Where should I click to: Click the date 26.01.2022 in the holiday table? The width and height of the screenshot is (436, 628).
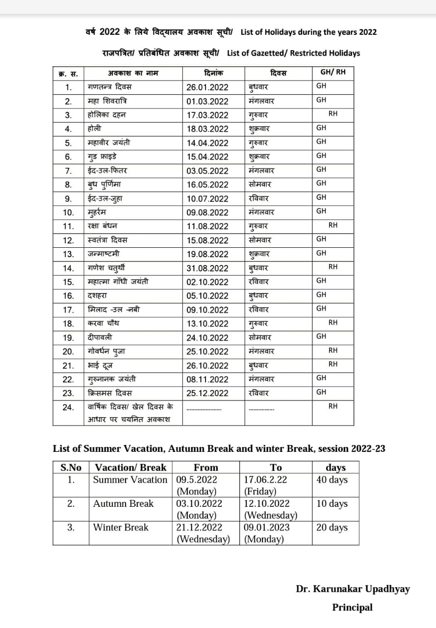207,87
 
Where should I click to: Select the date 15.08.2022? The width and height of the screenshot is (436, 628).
207,240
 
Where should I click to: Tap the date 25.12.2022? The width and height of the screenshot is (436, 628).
207,393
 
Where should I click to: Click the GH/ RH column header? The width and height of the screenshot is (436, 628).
333,72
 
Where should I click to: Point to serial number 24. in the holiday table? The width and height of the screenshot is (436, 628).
69,407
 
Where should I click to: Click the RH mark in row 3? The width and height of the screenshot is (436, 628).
333,114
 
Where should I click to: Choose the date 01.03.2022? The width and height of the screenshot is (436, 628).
207,102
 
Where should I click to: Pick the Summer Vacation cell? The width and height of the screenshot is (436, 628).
130,480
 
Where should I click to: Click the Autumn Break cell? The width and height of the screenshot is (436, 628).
123,504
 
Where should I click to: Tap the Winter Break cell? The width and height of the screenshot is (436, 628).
121,528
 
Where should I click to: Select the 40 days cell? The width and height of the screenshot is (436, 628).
332,480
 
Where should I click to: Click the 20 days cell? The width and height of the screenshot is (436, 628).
332,528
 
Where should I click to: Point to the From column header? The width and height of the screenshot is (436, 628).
205,468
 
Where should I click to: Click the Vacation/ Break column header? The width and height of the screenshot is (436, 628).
130,468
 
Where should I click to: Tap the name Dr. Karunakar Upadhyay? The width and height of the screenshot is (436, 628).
353,589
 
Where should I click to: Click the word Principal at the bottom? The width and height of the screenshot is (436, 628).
352,607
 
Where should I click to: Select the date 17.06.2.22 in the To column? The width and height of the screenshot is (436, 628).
266,480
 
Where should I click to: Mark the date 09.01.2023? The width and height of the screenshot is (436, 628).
267,528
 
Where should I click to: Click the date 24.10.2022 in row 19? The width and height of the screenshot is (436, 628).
207,338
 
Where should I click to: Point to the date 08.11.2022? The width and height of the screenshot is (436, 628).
207,379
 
